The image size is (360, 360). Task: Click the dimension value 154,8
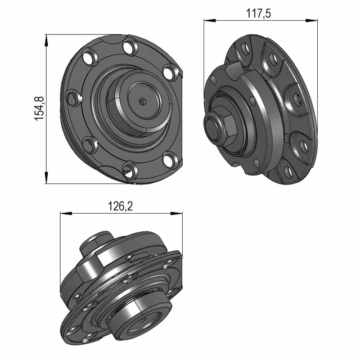point(39,109)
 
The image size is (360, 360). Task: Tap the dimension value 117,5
point(259,13)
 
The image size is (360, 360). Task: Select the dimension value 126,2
point(120,206)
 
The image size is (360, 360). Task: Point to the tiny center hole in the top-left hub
point(142,101)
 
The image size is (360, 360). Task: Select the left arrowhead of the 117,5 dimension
point(210,21)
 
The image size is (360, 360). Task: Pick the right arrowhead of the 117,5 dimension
point(312,21)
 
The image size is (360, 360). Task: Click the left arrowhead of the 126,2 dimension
point(66,214)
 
